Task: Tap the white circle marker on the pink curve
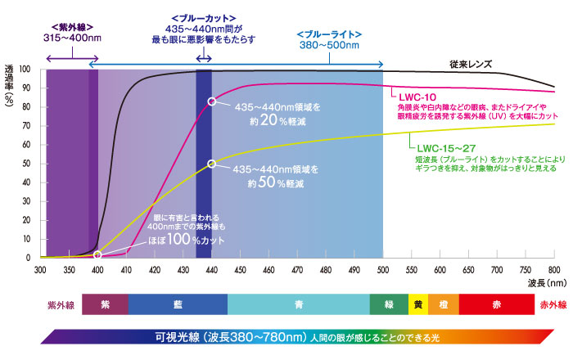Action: click(x=212, y=101)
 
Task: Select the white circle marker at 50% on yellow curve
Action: click(x=212, y=164)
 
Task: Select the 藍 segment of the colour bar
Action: click(x=178, y=304)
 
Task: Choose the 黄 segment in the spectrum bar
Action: click(x=417, y=304)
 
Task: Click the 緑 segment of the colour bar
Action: click(x=389, y=304)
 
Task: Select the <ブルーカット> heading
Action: click(x=205, y=17)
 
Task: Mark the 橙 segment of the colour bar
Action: click(x=443, y=304)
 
